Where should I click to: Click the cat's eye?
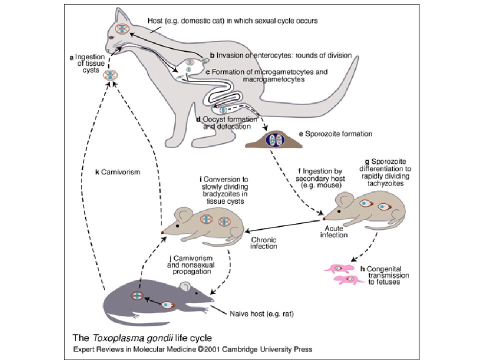coord(111,37)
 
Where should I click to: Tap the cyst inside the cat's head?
coord(122,29)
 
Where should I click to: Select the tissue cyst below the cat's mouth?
coord(110,75)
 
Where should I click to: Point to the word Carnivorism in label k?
coord(120,172)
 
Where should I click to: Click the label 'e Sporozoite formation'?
coord(335,134)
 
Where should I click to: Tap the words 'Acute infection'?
coord(333,231)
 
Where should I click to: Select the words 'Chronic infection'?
coord(263,243)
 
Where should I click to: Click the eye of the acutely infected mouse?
coord(339,211)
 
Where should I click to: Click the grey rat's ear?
coord(185,286)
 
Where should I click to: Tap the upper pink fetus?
coord(339,268)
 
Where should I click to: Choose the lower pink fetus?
coord(348,279)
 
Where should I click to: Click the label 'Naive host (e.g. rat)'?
coord(261,314)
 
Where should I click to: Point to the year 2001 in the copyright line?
coord(212,349)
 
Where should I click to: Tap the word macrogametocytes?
coord(273,79)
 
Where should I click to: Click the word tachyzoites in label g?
coord(385,183)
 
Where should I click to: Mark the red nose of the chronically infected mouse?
coord(162,232)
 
